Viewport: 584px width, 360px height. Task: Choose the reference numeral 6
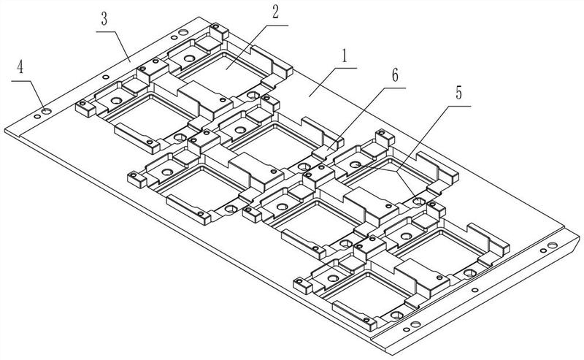tap(394, 74)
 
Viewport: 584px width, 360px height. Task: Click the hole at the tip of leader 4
tap(46, 111)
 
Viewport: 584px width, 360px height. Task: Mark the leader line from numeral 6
tap(358, 116)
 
